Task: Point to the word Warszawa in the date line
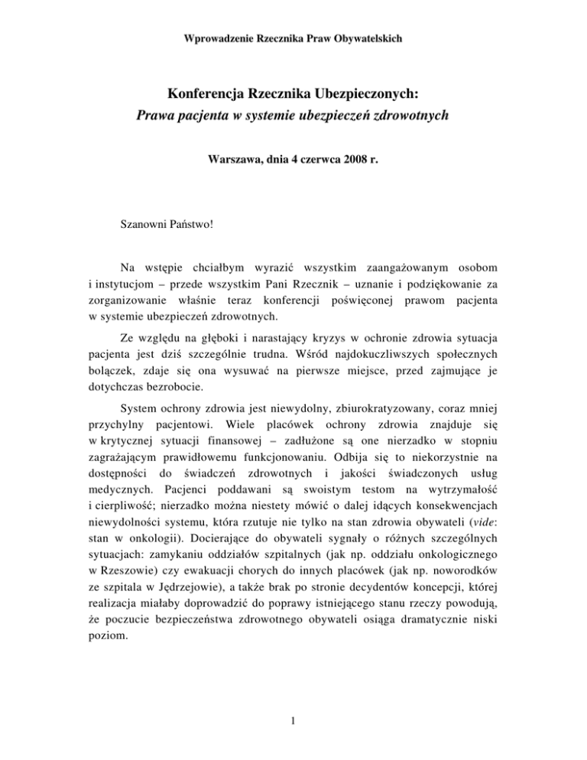pos(235,162)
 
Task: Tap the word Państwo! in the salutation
pos(200,227)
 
